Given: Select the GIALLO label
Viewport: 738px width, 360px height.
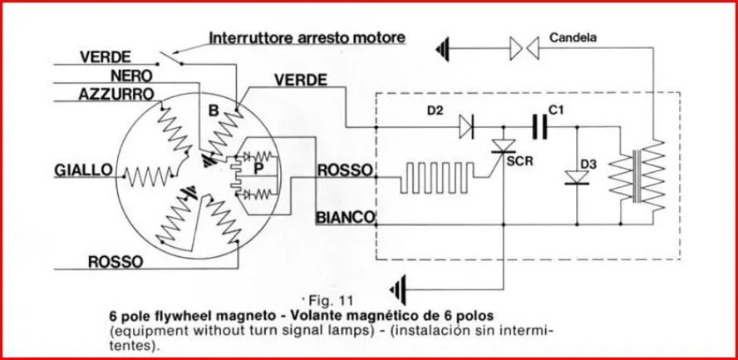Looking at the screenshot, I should point(83,170).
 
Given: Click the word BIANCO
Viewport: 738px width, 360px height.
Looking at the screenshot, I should point(344,218).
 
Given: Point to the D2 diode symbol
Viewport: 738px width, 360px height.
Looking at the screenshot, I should point(466,127).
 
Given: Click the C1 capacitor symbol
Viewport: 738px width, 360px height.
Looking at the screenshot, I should point(539,127).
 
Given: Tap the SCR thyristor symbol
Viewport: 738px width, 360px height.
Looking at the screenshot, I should point(502,147).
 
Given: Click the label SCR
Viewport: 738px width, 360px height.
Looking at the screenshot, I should point(521,160).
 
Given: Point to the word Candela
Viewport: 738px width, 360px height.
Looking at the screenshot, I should point(573,37).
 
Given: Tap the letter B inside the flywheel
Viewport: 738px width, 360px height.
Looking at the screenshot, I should point(213,110).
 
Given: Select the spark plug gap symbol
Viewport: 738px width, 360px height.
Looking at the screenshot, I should point(524,49).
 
